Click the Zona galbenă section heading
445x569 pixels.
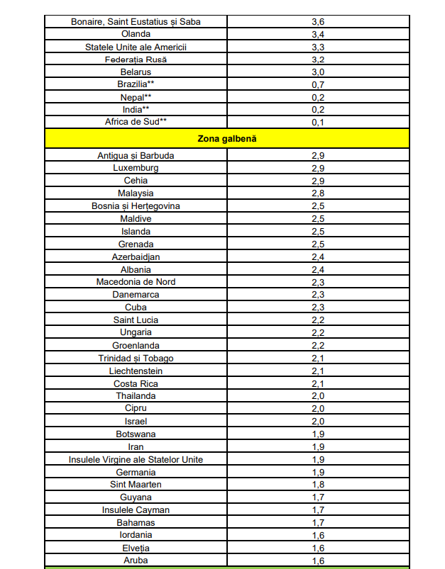(226, 138)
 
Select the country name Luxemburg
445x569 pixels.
(136, 168)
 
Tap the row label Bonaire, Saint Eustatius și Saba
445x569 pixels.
(136, 21)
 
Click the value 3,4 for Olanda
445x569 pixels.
(318, 34)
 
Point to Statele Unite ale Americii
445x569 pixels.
(136, 47)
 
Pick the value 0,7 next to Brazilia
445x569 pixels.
(318, 84)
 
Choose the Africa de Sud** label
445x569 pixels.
(136, 122)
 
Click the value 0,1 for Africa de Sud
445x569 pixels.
(318, 122)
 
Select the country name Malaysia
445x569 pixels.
(136, 193)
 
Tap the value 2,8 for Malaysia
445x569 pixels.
(318, 193)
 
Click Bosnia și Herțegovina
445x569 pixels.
(136, 205)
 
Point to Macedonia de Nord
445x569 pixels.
(136, 281)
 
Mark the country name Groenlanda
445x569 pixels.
(136, 345)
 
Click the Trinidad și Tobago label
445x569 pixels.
(136, 358)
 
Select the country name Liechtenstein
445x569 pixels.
(136, 371)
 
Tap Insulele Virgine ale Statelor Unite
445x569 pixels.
(136, 459)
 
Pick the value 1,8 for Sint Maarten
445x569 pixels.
(318, 484)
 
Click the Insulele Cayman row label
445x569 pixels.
(136, 509)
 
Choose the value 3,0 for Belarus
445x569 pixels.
(318, 72)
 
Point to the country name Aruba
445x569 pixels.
(136, 560)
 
